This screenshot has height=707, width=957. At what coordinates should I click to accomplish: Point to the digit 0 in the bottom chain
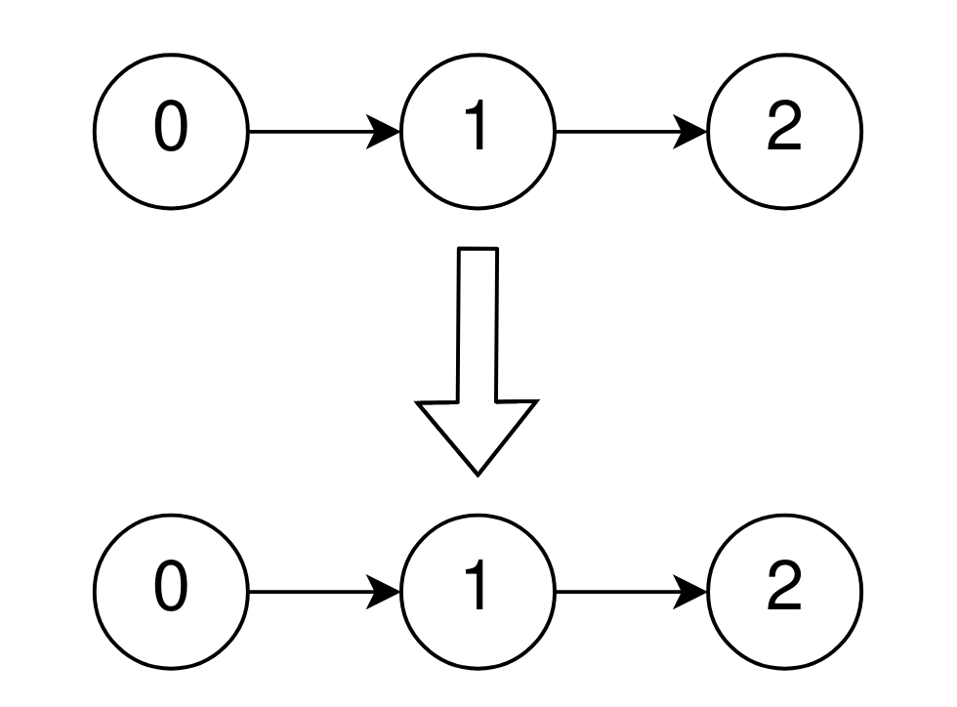[x=171, y=590]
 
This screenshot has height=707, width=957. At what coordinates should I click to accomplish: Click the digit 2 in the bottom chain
[x=784, y=590]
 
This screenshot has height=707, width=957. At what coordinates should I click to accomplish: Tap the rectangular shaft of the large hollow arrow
[x=478, y=322]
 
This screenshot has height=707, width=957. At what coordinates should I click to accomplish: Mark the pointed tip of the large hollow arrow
[x=478, y=473]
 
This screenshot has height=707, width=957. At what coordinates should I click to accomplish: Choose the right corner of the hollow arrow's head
[x=536, y=401]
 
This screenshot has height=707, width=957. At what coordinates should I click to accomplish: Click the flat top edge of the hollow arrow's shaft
[x=478, y=249]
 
